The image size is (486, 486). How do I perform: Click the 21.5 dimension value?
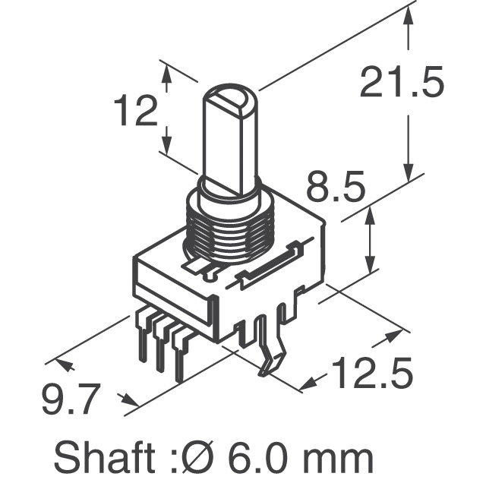402,84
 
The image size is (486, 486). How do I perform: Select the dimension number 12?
136,112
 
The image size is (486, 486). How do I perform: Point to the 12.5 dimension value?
371,374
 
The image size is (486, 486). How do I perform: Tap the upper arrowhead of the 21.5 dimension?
411,21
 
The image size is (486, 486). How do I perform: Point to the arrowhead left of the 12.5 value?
312,382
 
